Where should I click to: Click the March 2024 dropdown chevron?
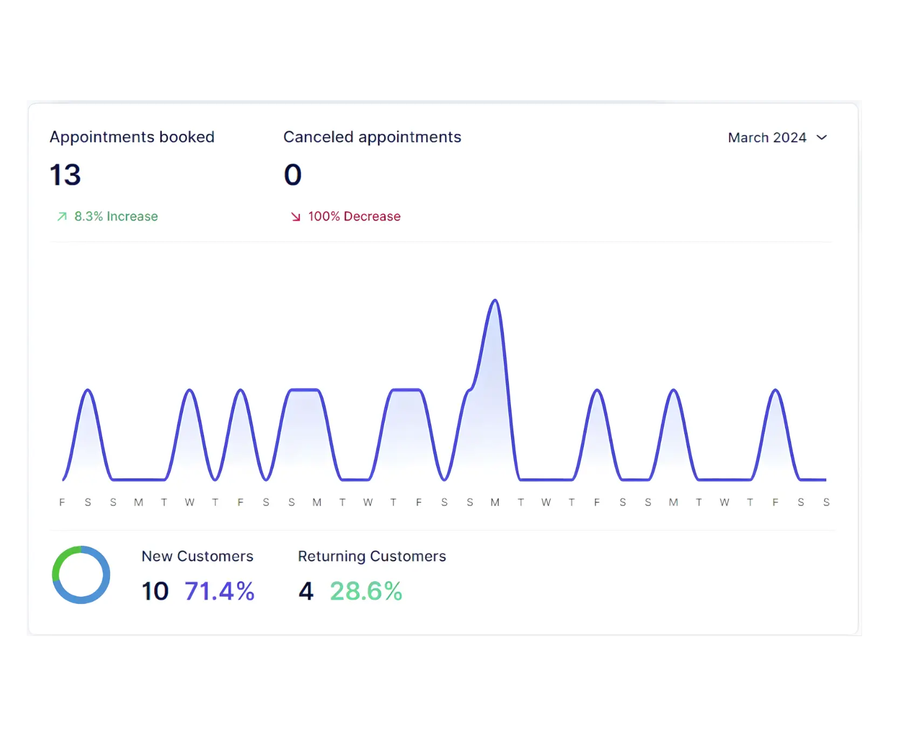[x=821, y=137]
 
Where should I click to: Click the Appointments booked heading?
[x=132, y=137]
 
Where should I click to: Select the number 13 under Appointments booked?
[x=65, y=175]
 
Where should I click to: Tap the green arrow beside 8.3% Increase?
[x=62, y=216]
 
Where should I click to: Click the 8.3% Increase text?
[x=116, y=216]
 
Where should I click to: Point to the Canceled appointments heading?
[x=372, y=137]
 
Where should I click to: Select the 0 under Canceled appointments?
[x=292, y=175]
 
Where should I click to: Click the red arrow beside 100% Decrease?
[x=296, y=217]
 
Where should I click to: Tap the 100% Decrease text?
[x=354, y=216]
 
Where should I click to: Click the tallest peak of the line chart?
[x=495, y=301]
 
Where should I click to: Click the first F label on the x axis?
[x=62, y=503]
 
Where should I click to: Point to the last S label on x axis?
[x=826, y=503]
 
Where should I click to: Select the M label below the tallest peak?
[x=495, y=503]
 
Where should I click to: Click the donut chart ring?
[x=81, y=600]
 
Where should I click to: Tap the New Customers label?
[x=197, y=556]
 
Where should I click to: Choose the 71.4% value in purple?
[x=219, y=591]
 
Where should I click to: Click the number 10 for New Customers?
[x=155, y=591]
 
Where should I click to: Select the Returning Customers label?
[x=372, y=556]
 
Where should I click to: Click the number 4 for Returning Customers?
[x=306, y=591]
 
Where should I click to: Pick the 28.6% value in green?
[x=366, y=591]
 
